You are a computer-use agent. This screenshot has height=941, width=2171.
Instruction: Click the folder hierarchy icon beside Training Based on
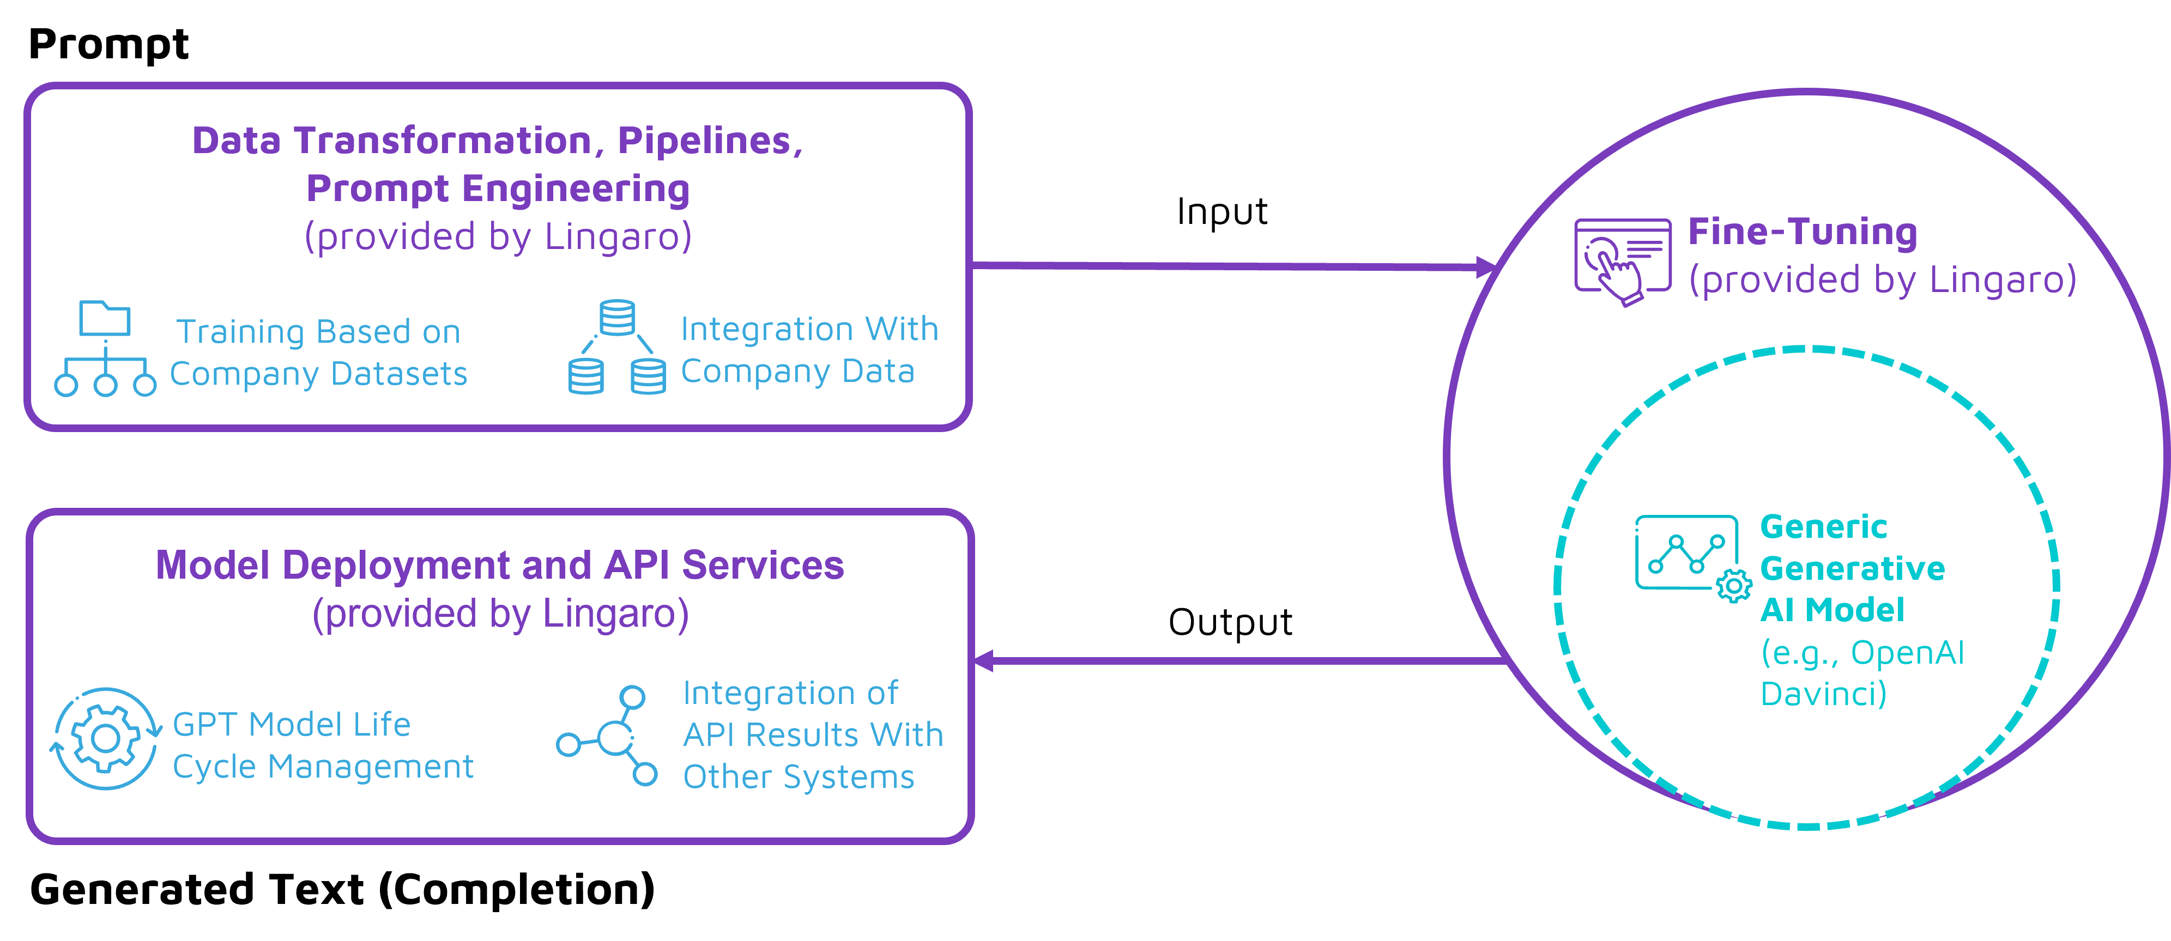tap(105, 348)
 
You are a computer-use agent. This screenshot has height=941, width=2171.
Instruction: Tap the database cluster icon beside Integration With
tap(617, 347)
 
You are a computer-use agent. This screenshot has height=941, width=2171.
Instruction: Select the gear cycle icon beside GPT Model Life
tap(105, 739)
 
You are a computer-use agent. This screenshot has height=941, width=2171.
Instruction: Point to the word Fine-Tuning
tap(1803, 232)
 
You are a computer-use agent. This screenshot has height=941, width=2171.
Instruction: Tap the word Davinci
tap(1823, 694)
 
